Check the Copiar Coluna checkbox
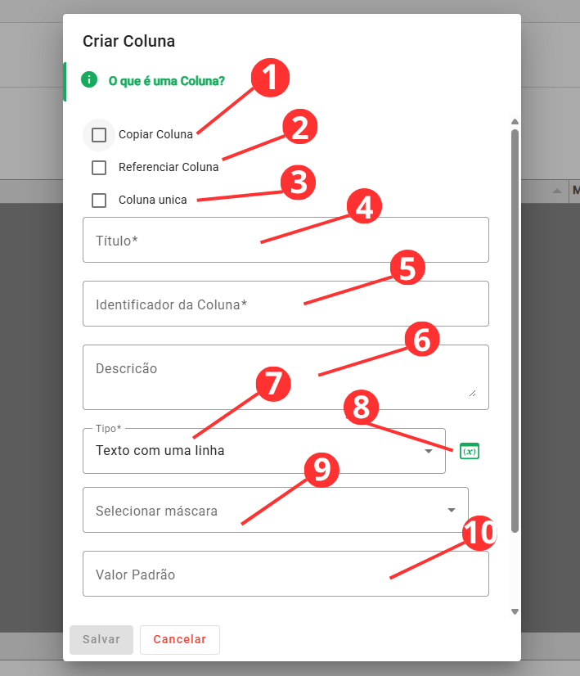(99, 134)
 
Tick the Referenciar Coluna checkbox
(99, 167)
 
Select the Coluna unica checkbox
(99, 200)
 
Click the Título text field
(286, 240)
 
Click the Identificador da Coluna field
(286, 304)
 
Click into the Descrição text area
(286, 376)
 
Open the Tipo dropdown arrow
(429, 451)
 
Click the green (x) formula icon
(470, 451)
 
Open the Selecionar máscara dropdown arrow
(452, 510)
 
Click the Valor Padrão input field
(286, 574)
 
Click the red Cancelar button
(180, 639)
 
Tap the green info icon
(89, 79)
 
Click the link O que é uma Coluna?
(167, 81)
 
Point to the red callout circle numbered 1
(270, 78)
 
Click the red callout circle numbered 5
(407, 268)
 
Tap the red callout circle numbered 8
(361, 407)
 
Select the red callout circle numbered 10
(479, 534)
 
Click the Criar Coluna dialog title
(128, 42)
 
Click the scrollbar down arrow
(515, 611)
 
